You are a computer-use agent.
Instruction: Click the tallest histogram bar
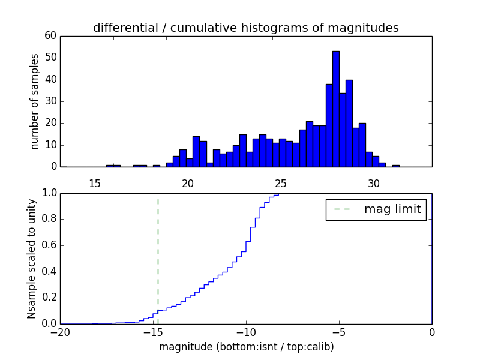tap(336, 109)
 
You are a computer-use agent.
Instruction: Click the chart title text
tap(245, 28)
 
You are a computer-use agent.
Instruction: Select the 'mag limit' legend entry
tap(393, 209)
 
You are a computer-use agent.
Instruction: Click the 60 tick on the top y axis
tap(50, 36)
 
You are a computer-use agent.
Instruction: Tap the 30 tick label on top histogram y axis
tap(50, 101)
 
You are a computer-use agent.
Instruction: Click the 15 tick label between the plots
tap(94, 184)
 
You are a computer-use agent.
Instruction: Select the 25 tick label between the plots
tap(281, 184)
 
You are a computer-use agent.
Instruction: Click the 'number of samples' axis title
tap(35, 101)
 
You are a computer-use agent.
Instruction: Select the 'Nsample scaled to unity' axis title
tap(31, 259)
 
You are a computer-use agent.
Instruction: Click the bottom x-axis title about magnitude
tap(246, 347)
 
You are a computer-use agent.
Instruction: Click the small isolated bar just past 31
tap(396, 165)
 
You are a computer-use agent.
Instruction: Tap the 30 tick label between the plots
tap(374, 184)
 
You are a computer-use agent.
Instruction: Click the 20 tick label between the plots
tap(188, 184)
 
